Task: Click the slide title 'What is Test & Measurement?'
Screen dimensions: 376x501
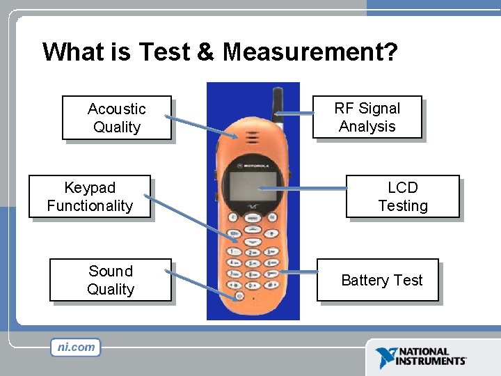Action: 219,52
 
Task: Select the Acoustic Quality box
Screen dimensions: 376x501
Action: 116,118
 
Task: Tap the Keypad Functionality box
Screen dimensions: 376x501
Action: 89,196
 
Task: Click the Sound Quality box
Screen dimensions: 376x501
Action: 110,280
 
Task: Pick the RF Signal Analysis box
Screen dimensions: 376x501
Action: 367,117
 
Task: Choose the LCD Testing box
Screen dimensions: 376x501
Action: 402,196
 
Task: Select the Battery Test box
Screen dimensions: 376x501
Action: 381,280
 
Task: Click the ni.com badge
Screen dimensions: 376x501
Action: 75,347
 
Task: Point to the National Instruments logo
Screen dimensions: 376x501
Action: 420,357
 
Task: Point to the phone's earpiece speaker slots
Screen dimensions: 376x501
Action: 251,135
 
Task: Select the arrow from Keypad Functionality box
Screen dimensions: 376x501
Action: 191,219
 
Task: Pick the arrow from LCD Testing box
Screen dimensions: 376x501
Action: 303,188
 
